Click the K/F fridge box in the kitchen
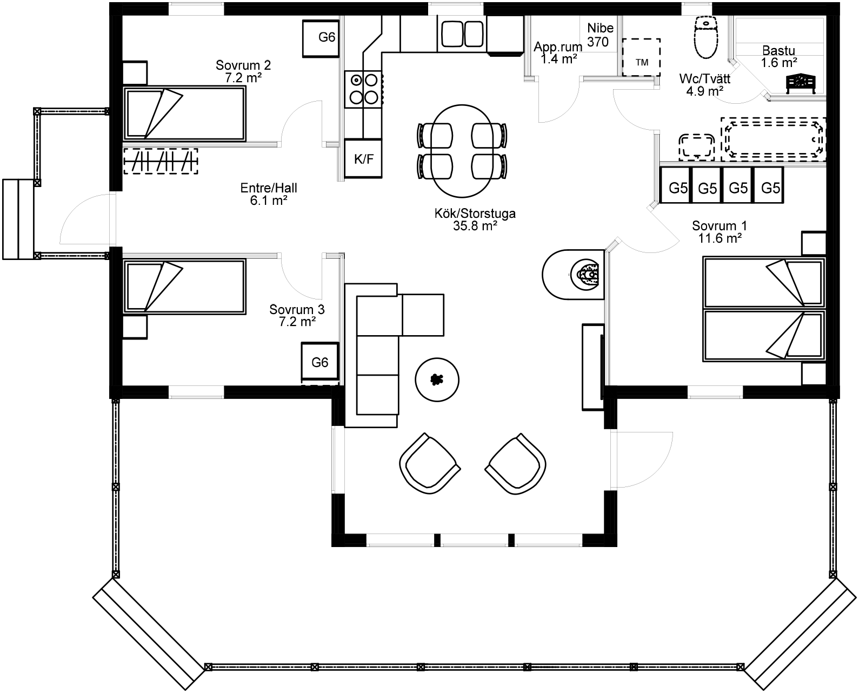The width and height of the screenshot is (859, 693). [x=363, y=158]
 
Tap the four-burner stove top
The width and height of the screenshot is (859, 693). [x=363, y=89]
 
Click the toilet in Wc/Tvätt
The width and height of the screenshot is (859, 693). [x=706, y=37]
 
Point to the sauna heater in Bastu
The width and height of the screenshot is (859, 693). [x=801, y=83]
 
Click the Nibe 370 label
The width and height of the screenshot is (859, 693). [x=600, y=35]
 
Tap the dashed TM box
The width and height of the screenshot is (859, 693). [x=641, y=57]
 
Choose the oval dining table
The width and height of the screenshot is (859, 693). [x=462, y=151]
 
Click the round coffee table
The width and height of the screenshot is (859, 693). [x=437, y=379]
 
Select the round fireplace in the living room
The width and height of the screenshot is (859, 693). [x=574, y=275]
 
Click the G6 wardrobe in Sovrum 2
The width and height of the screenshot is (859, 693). [x=321, y=38]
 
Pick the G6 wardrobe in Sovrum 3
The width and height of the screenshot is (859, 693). [x=320, y=362]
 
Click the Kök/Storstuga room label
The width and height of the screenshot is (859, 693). [x=475, y=219]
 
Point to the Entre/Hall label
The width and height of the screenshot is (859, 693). [x=269, y=194]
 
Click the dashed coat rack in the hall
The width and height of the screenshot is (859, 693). [x=161, y=161]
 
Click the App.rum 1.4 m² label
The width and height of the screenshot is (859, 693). [x=558, y=52]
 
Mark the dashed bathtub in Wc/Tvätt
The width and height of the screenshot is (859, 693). [x=773, y=139]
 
